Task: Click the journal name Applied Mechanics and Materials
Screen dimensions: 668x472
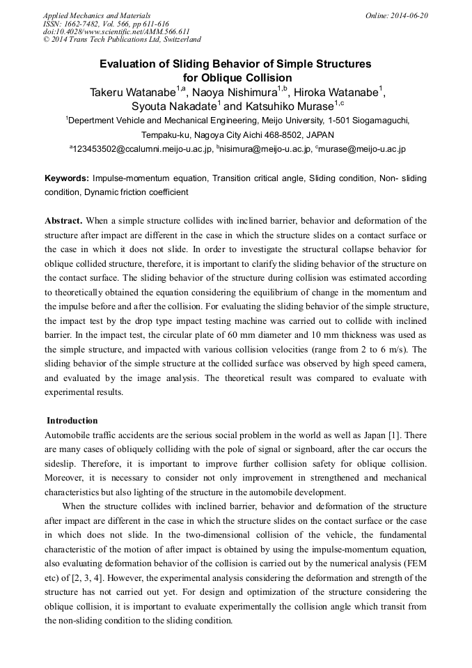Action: (97, 15)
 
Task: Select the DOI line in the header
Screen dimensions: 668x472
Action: (117, 32)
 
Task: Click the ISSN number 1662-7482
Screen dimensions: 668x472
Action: (91, 24)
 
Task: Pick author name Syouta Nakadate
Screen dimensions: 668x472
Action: (173, 107)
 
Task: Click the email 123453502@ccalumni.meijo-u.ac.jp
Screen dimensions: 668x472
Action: (143, 149)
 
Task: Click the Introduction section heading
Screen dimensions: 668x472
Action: (72, 421)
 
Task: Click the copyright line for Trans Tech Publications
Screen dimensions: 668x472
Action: (122, 40)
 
